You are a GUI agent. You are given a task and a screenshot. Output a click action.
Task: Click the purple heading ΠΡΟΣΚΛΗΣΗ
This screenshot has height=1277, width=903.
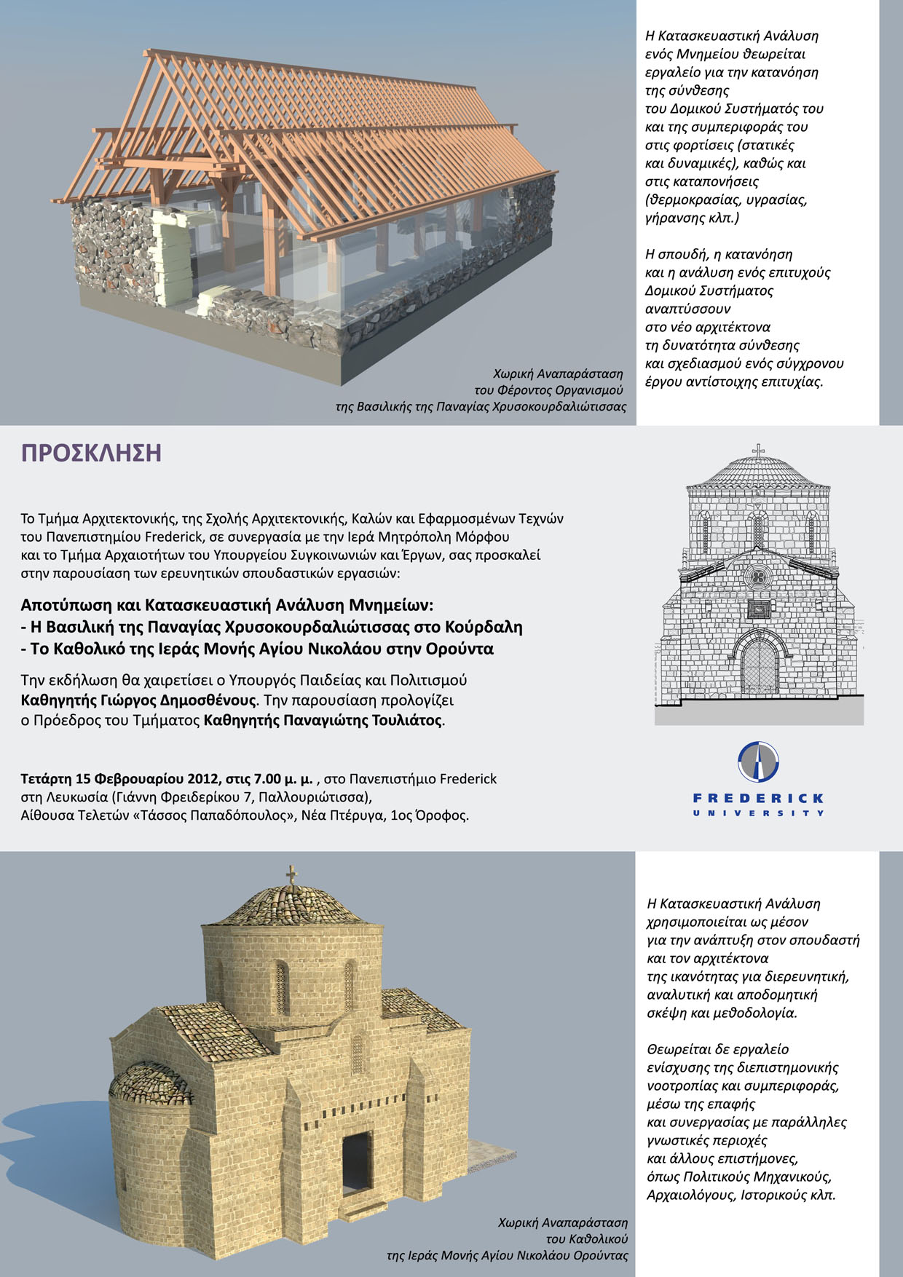pyautogui.click(x=91, y=453)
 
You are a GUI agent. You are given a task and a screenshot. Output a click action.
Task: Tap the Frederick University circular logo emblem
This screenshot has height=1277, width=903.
pyautogui.click(x=758, y=762)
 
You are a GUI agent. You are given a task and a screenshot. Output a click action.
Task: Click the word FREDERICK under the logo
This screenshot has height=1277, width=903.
pyautogui.click(x=758, y=798)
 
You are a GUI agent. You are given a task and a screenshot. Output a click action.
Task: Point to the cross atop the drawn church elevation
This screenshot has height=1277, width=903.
pyautogui.click(x=759, y=451)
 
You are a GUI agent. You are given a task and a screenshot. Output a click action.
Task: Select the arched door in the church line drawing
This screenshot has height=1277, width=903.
pyautogui.click(x=760, y=666)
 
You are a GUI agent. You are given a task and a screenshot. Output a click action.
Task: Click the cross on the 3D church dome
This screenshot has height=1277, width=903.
pyautogui.click(x=292, y=874)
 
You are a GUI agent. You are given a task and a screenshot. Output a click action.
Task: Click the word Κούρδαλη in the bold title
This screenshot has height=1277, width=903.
pyautogui.click(x=485, y=627)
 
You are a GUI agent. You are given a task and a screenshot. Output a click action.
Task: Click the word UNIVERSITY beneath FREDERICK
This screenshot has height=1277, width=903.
pyautogui.click(x=758, y=813)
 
